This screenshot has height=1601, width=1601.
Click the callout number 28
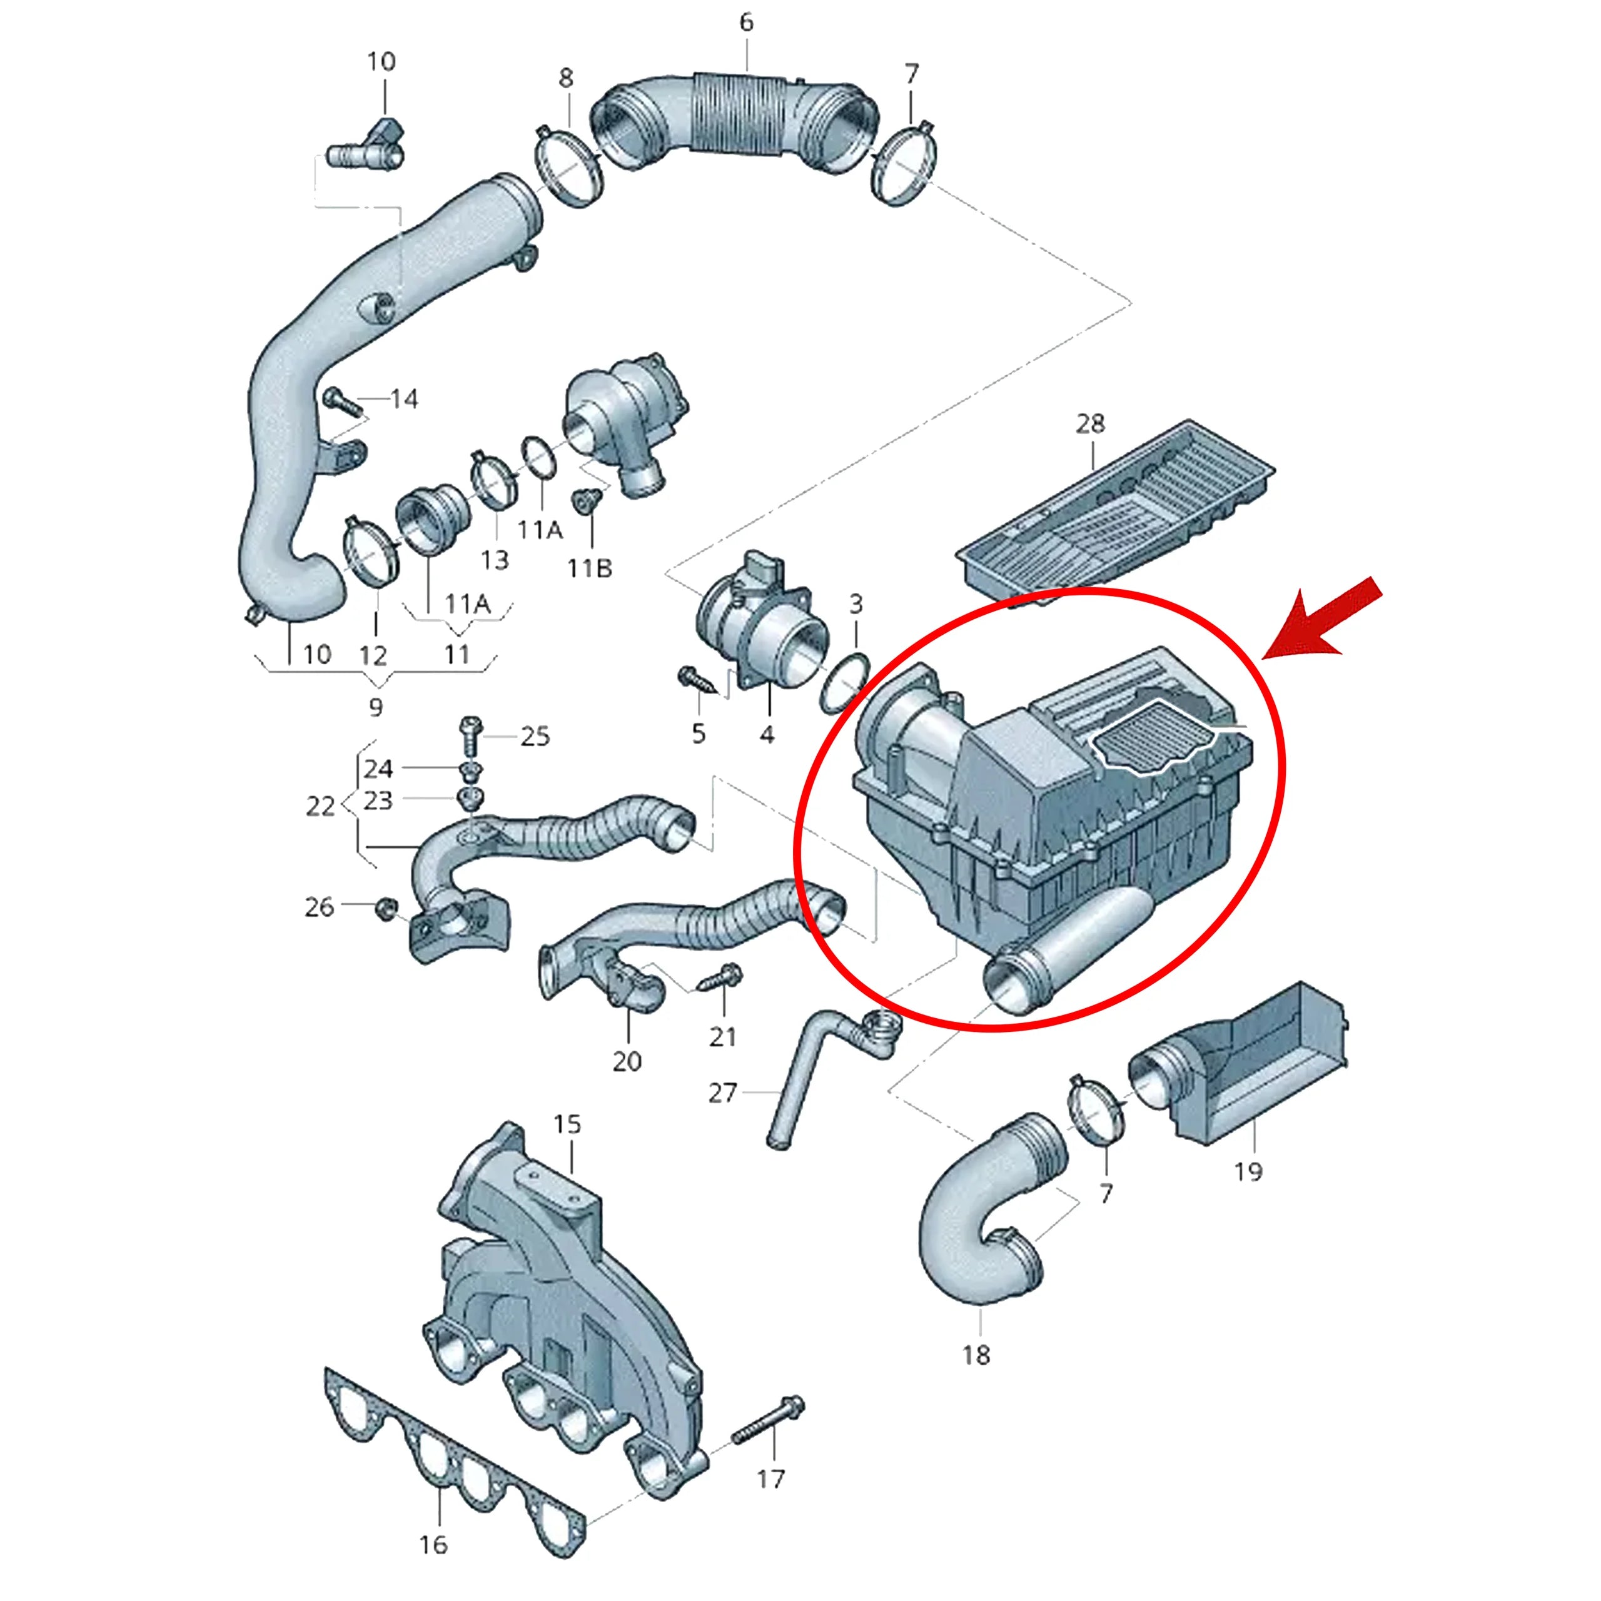point(1091,424)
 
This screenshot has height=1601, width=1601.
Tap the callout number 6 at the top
point(747,23)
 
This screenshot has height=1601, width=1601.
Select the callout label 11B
point(589,568)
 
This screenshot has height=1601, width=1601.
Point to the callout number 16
point(433,1545)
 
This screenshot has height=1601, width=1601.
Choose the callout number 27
point(722,1093)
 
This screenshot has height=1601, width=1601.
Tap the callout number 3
point(856,604)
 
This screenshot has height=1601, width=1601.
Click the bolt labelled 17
point(767,1420)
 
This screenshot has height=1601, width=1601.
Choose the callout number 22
point(320,806)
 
